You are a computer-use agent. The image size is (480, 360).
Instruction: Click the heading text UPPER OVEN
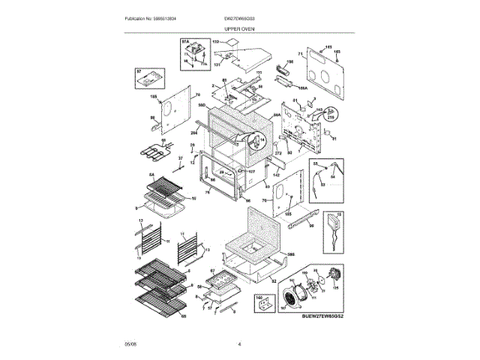coord(240,27)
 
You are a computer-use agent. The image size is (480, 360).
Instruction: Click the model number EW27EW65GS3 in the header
coord(240,17)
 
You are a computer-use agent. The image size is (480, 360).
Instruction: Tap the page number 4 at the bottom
coord(239,344)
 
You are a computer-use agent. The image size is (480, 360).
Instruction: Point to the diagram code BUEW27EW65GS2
coord(327,316)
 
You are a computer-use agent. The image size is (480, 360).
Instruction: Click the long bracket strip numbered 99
coord(305,219)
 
